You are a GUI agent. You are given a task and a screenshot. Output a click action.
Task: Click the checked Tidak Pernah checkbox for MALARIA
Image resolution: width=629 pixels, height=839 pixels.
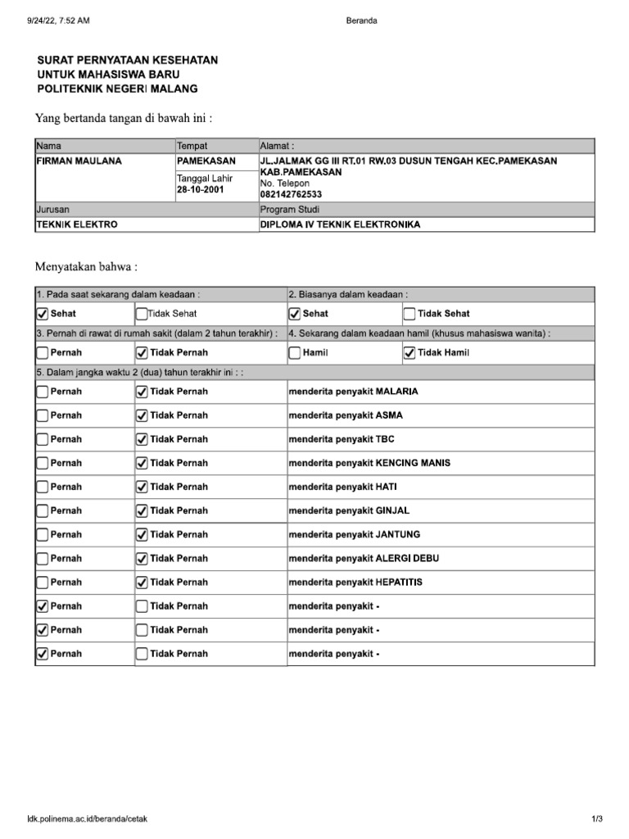tap(141, 392)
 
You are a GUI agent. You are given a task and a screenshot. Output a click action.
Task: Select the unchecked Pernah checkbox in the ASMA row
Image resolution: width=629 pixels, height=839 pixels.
tap(43, 415)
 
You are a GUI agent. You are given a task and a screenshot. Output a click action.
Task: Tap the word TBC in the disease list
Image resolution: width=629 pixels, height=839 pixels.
tap(385, 439)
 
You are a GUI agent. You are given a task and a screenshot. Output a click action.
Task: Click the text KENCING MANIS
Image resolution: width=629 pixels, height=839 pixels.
tap(413, 463)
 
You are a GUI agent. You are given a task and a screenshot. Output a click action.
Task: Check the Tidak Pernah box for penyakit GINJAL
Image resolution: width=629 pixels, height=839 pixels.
tap(141, 510)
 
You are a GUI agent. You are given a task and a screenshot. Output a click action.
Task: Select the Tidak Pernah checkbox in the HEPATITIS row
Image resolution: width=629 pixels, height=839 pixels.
tap(141, 582)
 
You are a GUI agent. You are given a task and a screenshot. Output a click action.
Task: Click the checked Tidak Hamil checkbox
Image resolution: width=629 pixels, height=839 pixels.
tap(410, 352)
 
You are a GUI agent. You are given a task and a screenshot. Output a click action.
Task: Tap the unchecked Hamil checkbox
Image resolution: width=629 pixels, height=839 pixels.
tap(295, 352)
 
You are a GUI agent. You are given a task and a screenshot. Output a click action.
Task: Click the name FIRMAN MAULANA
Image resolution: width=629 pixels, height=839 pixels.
tap(79, 161)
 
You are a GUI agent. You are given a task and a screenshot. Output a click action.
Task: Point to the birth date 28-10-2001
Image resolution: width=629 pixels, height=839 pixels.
tap(201, 189)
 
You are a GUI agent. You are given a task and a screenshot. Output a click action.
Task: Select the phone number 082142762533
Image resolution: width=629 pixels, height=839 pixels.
tap(291, 194)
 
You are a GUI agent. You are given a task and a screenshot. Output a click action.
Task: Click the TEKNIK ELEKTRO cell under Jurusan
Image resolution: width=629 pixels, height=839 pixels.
tap(77, 224)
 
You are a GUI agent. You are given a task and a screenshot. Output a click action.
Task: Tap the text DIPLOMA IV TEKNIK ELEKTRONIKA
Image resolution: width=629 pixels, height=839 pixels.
tap(340, 224)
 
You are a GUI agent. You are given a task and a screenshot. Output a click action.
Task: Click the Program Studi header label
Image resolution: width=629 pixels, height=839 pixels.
tap(289, 210)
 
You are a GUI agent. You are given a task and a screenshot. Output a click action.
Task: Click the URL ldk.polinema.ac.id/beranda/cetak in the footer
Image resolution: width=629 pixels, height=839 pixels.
tap(87, 819)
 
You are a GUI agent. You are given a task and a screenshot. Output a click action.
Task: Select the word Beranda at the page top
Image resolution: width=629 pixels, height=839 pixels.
tap(362, 20)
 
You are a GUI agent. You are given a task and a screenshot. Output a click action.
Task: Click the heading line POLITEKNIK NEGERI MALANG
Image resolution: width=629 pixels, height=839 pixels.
tap(118, 88)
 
